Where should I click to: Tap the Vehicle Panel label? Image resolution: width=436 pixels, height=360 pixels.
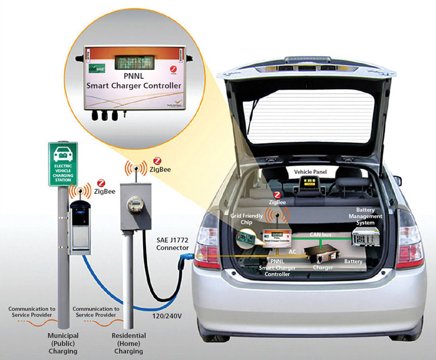(310, 172)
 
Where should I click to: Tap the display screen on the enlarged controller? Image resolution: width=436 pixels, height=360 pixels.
(133, 61)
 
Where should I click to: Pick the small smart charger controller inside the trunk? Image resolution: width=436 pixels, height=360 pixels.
(276, 237)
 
